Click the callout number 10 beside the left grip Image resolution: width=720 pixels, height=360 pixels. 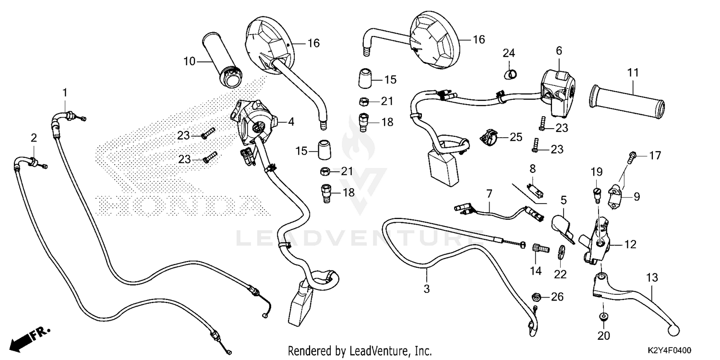[x=190, y=61]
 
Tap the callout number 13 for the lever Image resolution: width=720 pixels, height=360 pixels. [x=652, y=278]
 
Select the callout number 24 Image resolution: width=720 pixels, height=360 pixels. [x=509, y=52]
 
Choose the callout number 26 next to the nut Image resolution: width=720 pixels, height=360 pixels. [x=556, y=297]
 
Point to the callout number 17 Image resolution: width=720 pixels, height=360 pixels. [x=655, y=156]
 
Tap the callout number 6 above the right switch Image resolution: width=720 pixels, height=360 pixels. [x=559, y=50]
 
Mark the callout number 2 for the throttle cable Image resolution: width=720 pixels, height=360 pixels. [x=34, y=138]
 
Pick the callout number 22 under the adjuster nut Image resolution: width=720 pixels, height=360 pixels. [x=560, y=274]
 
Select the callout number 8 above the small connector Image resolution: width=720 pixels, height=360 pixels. [x=532, y=168]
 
